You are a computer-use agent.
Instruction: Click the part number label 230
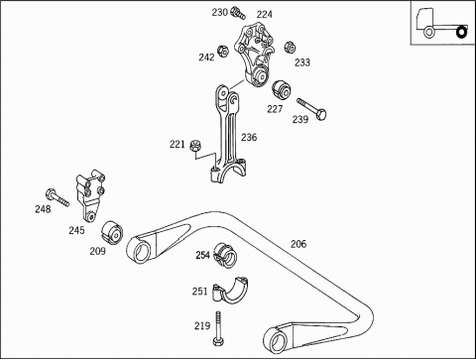220,13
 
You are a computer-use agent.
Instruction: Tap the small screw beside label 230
238,12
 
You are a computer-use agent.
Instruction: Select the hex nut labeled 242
223,51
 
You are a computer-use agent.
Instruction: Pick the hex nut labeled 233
290,48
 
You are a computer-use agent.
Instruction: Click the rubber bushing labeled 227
281,90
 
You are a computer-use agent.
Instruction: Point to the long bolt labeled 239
311,109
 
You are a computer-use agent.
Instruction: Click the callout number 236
249,137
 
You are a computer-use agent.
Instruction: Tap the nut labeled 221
195,146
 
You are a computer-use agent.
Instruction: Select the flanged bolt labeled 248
58,197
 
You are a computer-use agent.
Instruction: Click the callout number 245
76,230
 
